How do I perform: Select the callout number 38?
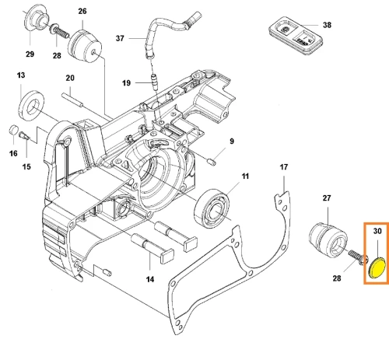click(x=327, y=25)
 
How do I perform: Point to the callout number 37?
click(x=120, y=38)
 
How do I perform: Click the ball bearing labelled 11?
click(x=212, y=208)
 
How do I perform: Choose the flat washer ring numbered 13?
click(x=31, y=106)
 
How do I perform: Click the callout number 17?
click(x=284, y=167)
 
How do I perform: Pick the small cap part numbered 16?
click(x=13, y=129)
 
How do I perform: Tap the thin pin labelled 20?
click(x=72, y=100)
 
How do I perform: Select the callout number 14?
click(x=150, y=279)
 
